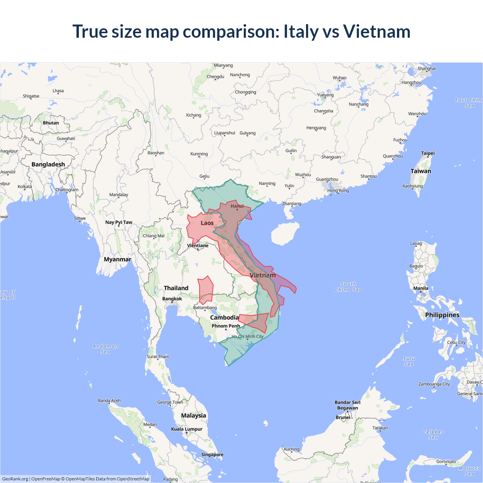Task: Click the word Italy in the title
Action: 301,31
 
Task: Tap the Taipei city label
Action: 428,153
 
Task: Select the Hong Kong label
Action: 338,191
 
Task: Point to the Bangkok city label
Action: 172,299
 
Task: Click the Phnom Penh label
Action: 226,326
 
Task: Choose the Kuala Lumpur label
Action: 186,429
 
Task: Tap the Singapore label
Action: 212,455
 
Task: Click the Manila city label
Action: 421,288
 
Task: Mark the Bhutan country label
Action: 51,123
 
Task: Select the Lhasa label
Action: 58,91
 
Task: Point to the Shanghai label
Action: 426,69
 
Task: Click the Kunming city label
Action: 199,154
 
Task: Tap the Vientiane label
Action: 198,246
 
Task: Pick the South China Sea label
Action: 348,287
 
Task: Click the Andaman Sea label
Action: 105,349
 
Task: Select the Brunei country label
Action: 343,417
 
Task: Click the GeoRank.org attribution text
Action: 15,479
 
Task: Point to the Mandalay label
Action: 118,195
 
